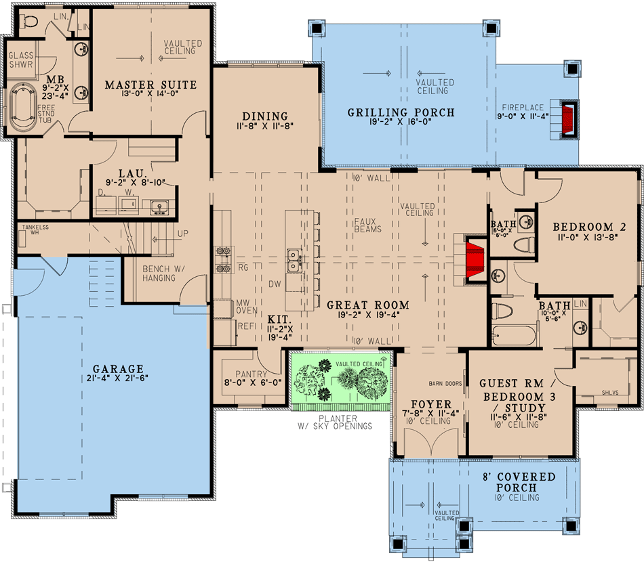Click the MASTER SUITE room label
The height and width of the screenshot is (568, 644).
tap(150, 85)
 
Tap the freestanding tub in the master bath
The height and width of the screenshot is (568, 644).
tap(26, 105)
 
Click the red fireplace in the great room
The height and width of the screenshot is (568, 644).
tap(475, 257)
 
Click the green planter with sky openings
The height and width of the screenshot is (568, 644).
tap(342, 381)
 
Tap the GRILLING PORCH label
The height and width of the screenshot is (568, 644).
tap(401, 113)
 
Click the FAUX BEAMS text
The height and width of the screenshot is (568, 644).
tap(367, 225)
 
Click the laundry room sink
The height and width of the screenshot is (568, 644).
tap(159, 206)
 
